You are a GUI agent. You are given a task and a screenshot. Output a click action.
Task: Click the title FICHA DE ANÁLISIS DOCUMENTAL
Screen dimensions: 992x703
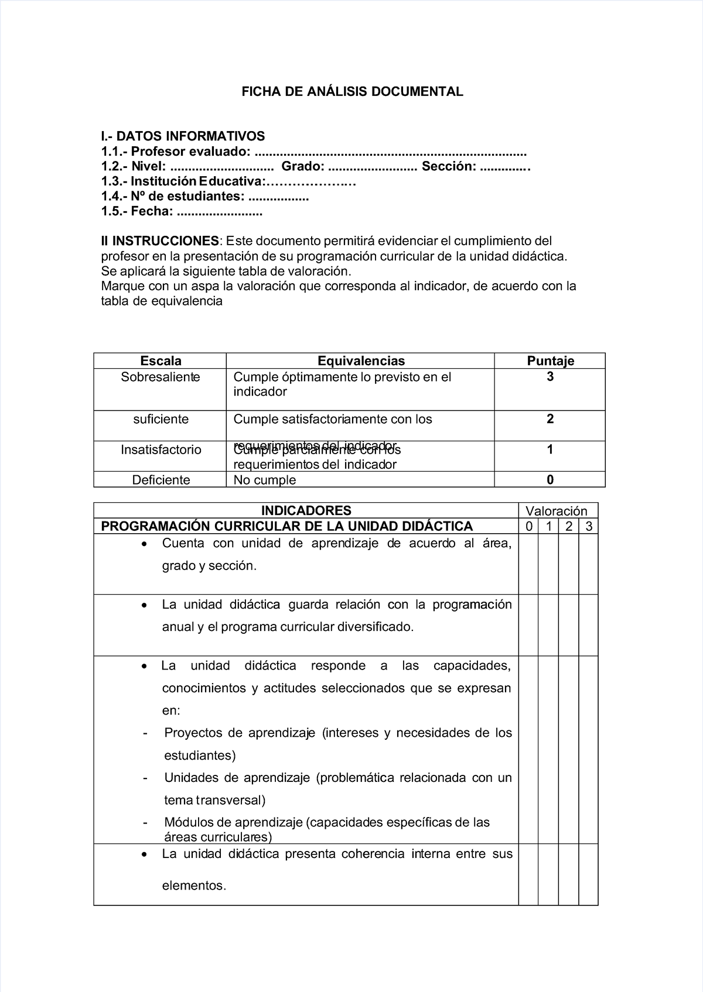[353, 91]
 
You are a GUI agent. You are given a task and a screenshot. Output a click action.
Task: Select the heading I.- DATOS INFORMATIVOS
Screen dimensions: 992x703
[183, 136]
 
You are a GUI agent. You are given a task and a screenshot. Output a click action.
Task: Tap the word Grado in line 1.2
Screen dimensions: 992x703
[303, 167]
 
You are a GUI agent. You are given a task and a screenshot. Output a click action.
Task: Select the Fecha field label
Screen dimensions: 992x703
[152, 212]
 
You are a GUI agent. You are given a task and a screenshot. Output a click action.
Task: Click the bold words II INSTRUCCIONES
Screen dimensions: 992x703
[160, 241]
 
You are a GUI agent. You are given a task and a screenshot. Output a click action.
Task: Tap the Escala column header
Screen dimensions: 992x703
[161, 361]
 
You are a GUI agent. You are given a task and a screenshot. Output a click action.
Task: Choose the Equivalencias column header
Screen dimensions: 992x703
[360, 361]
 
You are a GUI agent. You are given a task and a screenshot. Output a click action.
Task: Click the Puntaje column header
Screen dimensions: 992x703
[550, 361]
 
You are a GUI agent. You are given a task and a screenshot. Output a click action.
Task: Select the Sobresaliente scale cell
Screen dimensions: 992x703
[161, 377]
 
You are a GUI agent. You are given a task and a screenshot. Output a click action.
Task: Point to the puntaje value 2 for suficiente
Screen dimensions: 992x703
[550, 419]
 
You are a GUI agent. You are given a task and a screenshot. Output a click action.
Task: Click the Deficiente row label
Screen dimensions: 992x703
[161, 480]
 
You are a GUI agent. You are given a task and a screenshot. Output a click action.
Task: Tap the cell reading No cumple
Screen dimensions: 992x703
[264, 480]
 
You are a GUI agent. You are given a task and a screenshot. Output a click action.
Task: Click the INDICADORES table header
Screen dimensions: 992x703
[306, 510]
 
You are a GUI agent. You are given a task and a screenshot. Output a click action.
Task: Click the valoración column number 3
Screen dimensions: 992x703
[589, 526]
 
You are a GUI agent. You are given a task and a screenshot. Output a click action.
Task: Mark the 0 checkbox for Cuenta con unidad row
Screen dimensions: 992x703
[528, 564]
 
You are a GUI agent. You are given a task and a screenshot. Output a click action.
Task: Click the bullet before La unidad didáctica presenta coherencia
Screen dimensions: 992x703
[144, 854]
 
